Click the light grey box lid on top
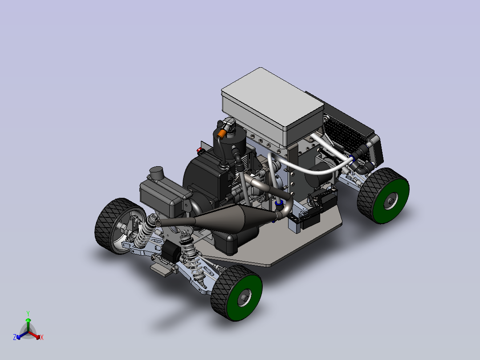click(272, 101)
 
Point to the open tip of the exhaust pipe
click(158, 222)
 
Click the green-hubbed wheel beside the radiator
click(383, 196)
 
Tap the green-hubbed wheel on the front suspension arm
click(236, 293)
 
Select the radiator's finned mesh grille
click(345, 136)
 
